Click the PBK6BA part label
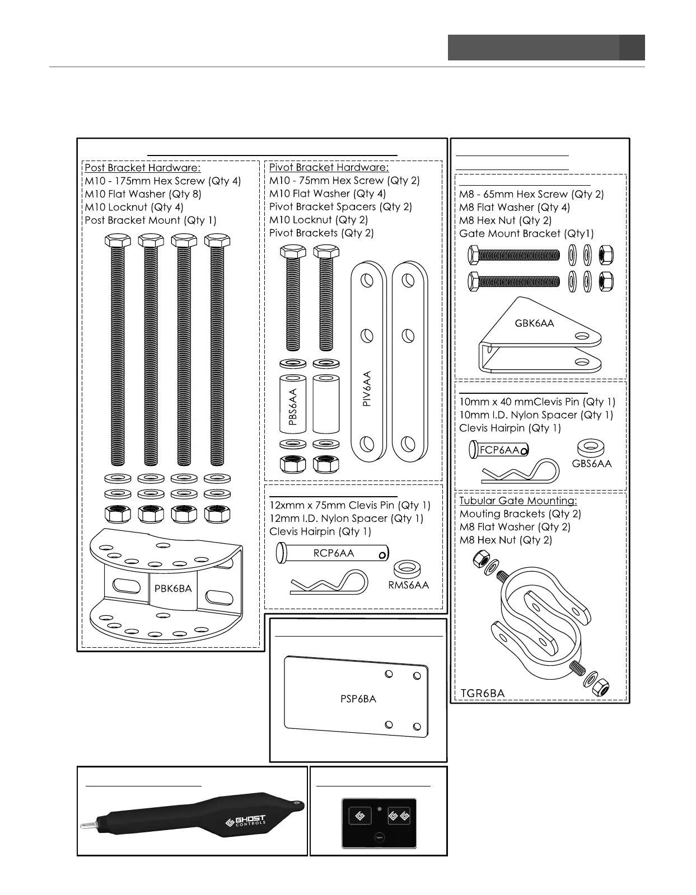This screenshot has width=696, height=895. (x=173, y=588)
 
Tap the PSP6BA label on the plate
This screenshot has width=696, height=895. (x=358, y=699)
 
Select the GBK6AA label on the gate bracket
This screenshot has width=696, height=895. (x=534, y=323)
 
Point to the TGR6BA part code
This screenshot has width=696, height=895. (x=482, y=694)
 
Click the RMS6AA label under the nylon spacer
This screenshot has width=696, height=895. (x=408, y=585)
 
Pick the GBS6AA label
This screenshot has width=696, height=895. (x=592, y=464)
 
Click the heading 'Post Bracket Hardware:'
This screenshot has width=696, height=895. (x=142, y=168)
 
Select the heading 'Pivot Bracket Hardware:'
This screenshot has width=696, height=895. (x=329, y=167)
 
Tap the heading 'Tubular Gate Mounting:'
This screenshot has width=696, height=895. (x=518, y=501)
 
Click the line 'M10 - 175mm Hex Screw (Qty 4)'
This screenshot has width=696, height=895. (x=162, y=181)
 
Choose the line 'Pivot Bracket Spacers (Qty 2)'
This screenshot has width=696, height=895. (x=340, y=206)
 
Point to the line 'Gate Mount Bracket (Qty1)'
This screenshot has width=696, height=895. (x=526, y=234)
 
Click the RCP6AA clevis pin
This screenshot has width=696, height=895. (x=333, y=553)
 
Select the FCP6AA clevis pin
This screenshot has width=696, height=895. (x=498, y=449)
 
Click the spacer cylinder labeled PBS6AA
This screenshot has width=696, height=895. (x=292, y=404)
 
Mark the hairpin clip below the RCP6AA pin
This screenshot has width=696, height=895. (x=329, y=583)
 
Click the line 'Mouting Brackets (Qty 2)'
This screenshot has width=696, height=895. (x=520, y=514)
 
